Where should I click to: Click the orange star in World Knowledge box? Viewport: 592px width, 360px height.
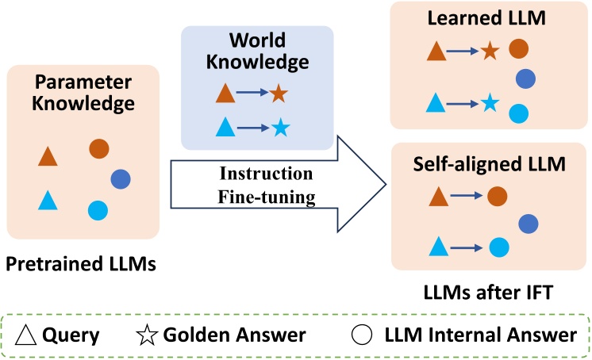[x=277, y=94]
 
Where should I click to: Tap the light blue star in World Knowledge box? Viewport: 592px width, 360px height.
[x=279, y=127]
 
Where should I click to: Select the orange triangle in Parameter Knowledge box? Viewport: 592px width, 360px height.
[x=48, y=157]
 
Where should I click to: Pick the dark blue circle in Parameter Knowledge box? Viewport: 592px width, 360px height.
[x=121, y=179]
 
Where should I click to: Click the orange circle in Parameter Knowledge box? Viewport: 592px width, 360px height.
[x=98, y=148]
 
